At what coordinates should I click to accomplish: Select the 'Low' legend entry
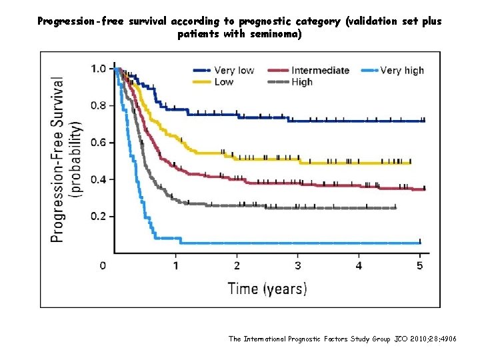[x=224, y=82]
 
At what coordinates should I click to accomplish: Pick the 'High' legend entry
[x=301, y=82]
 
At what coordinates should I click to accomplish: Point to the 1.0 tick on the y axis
[x=98, y=68]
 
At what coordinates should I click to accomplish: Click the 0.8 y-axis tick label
[x=98, y=105]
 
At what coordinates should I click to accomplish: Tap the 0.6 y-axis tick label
[x=98, y=143]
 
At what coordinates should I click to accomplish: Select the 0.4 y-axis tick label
[x=98, y=179]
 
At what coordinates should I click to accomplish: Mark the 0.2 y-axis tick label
[x=98, y=217]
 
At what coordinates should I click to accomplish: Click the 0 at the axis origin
[x=103, y=266]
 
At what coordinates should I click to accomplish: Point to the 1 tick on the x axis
[x=176, y=266]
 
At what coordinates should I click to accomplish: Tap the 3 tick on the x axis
[x=298, y=266]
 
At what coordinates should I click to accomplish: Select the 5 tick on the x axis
[x=419, y=266]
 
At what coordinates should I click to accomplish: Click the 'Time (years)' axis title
[x=267, y=289]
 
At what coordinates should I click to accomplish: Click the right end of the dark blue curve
[x=424, y=121]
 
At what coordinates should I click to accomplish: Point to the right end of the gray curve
[x=395, y=208]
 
